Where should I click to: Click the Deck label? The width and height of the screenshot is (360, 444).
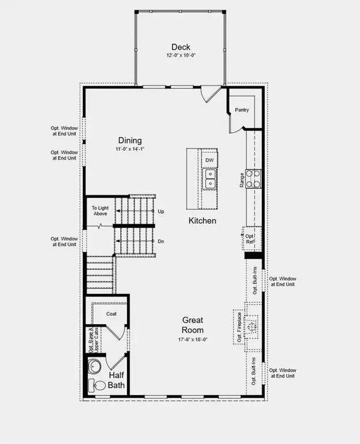(x=181, y=47)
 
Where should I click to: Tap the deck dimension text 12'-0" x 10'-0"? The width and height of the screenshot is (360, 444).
(x=181, y=57)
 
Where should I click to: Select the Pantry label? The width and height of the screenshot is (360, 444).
(x=242, y=110)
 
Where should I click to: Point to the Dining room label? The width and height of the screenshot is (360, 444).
(x=130, y=140)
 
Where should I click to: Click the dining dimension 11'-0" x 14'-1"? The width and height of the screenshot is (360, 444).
(x=130, y=149)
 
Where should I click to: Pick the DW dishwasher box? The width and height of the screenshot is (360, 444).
(x=209, y=160)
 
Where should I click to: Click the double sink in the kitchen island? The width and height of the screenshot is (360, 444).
(x=210, y=179)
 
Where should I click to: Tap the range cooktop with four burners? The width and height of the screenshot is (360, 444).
(x=253, y=179)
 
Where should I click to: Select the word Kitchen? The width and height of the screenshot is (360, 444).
(x=202, y=221)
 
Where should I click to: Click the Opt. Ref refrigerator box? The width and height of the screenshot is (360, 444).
(x=251, y=239)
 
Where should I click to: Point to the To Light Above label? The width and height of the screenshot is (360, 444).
(x=101, y=211)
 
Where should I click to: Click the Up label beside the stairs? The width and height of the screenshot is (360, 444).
(x=161, y=212)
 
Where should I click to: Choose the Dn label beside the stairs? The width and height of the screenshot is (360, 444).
(x=161, y=240)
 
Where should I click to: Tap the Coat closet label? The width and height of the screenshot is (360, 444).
(x=112, y=314)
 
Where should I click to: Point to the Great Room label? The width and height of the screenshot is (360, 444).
(x=192, y=324)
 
